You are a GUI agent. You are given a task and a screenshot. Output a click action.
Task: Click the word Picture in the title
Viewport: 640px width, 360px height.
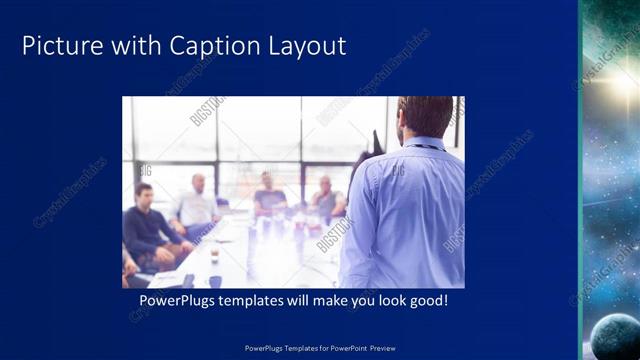tap(60, 46)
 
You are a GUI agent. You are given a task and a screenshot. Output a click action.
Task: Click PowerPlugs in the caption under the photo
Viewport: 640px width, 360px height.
tap(176, 300)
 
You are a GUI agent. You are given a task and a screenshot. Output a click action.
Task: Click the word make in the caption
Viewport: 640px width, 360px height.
tap(334, 300)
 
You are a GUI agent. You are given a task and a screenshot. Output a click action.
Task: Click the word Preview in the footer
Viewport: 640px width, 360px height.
tap(383, 349)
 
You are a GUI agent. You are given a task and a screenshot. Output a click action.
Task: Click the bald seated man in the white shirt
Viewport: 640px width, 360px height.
tap(195, 205)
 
